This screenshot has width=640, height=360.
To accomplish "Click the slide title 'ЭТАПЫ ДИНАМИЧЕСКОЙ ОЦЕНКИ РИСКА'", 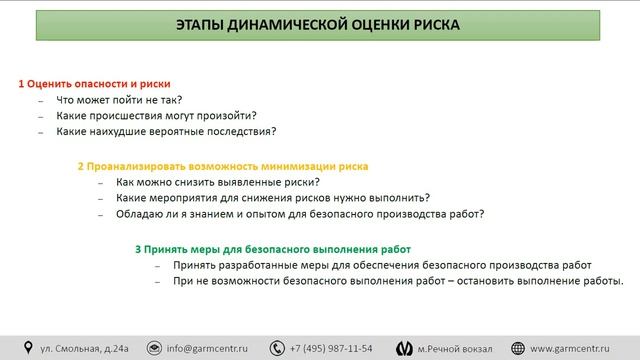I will tap(319, 25).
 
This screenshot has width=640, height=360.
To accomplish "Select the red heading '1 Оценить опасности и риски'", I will tap(95, 83).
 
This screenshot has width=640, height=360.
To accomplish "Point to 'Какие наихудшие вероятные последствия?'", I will tap(166, 131).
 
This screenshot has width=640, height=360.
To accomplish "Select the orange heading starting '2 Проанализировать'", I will tap(222, 166).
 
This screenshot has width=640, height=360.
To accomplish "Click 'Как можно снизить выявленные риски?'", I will tap(217, 182).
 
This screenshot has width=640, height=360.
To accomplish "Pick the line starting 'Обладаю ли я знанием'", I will tap(300, 213).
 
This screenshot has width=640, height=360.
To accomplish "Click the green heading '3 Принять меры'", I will tap(272, 248).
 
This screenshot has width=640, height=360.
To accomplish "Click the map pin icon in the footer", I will tap(28, 348).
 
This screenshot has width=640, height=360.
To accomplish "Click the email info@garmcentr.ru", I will tap(207, 348).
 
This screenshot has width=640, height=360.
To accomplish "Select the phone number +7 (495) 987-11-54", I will tap(330, 348).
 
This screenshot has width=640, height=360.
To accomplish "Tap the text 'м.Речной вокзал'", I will tap(455, 348).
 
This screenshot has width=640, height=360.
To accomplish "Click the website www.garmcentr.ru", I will tap(576, 348).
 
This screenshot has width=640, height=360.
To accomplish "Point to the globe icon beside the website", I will tap(518, 348).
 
